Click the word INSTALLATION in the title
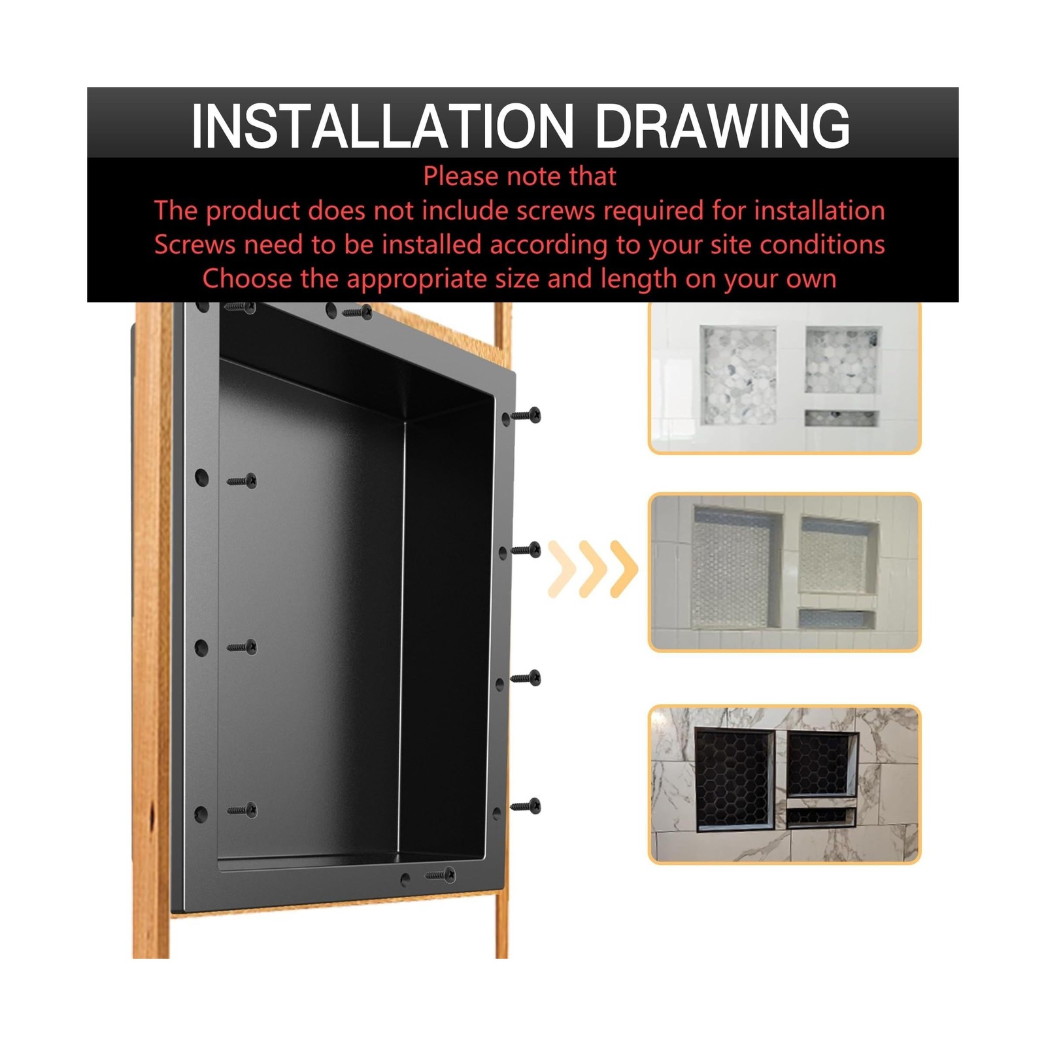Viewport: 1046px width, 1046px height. tap(382, 126)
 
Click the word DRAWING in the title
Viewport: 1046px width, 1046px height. tap(722, 126)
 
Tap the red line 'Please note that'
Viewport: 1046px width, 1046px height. tap(520, 177)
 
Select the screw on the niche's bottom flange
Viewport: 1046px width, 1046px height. tap(440, 874)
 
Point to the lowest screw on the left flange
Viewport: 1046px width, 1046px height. tap(242, 811)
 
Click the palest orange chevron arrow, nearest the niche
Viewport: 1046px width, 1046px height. tap(562, 569)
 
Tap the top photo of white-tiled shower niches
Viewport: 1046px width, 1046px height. tap(785, 377)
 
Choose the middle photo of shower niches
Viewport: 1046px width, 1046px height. tap(785, 572)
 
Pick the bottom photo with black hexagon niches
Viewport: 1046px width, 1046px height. tap(785, 785)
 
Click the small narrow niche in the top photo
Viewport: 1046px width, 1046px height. tap(841, 418)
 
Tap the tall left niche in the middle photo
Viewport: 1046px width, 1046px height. tap(736, 568)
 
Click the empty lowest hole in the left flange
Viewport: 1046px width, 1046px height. tap(201, 814)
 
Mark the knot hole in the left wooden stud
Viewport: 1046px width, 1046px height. tap(152, 817)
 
